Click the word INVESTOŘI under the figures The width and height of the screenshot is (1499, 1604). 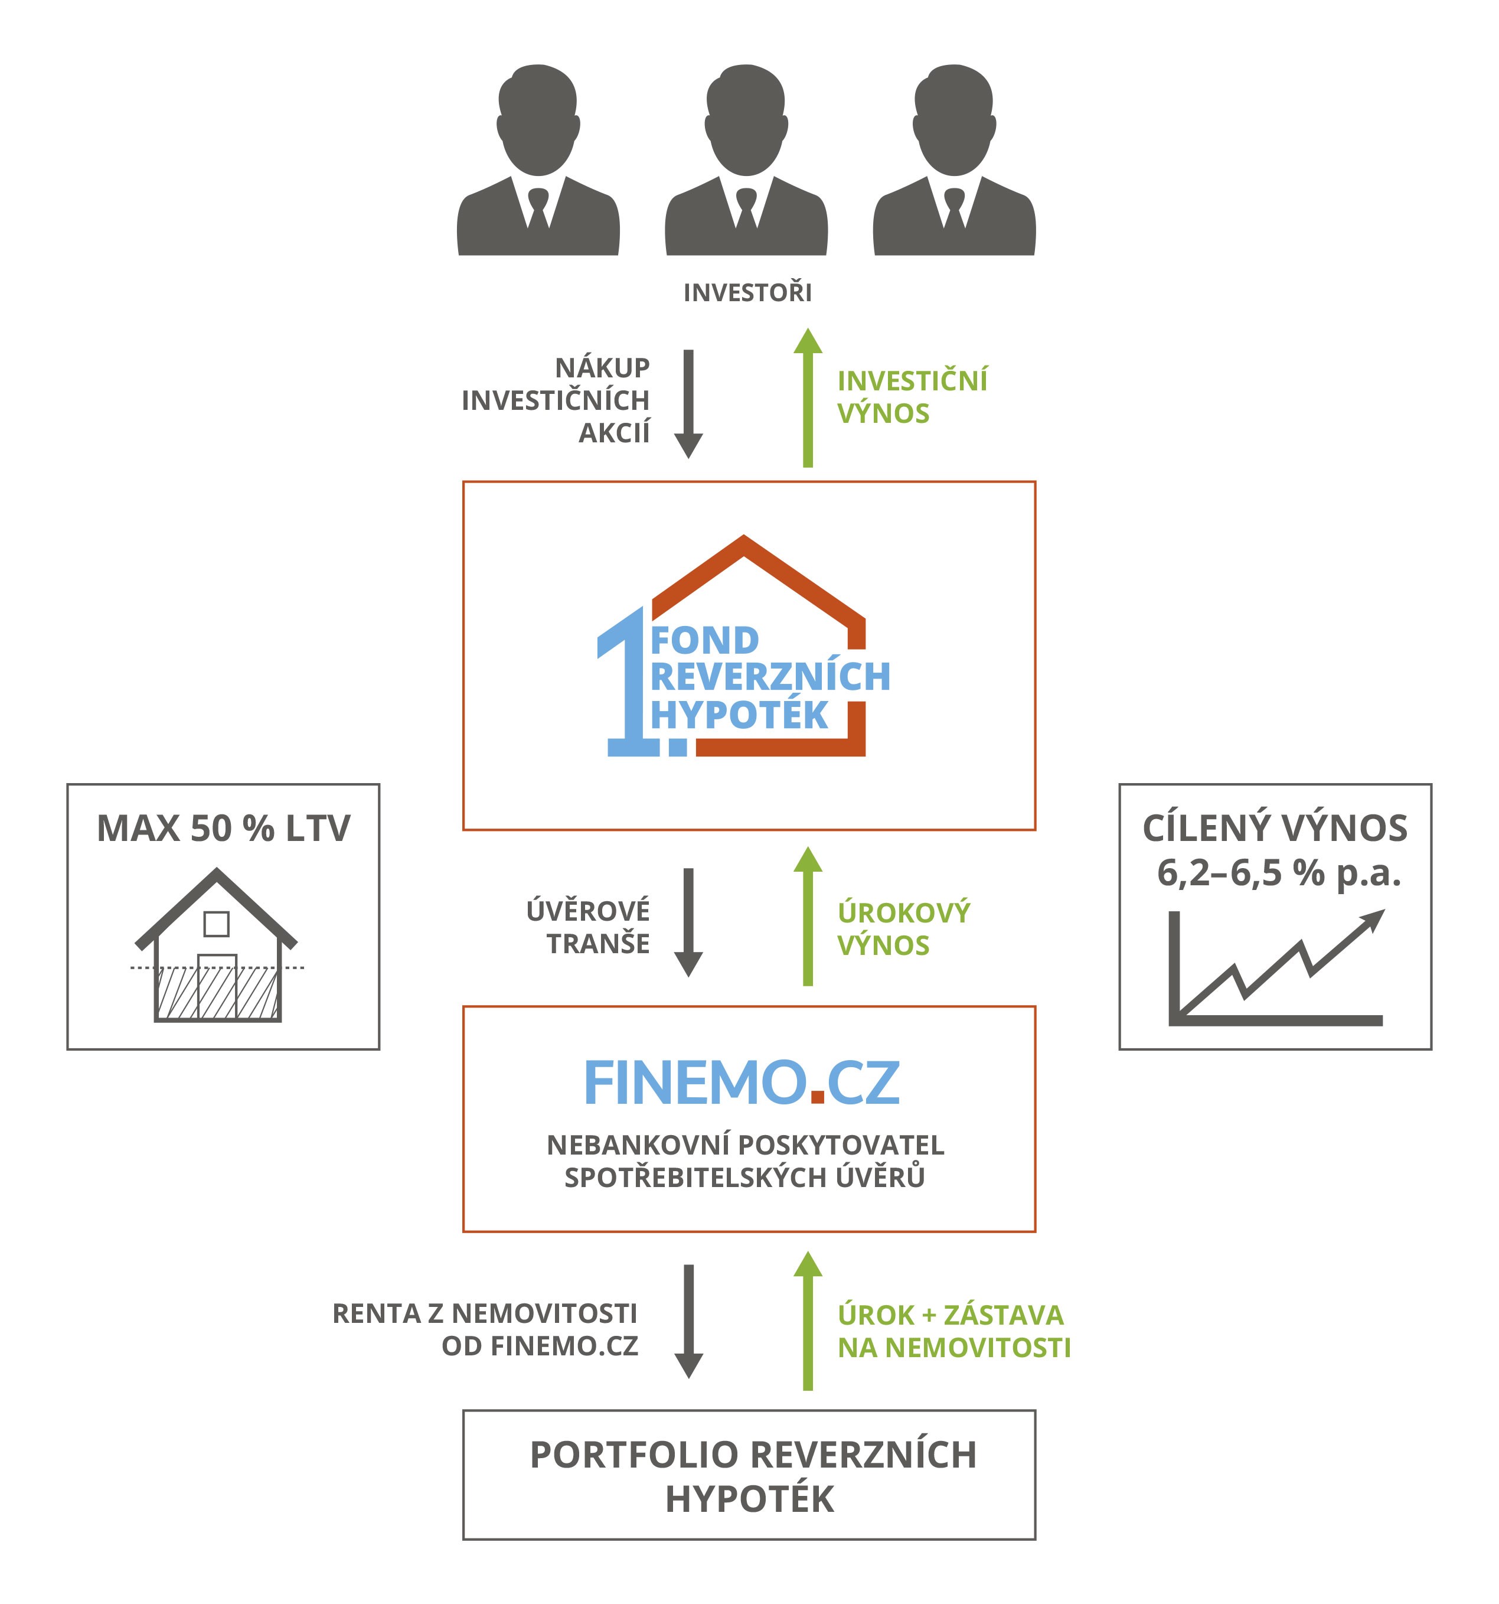(747, 292)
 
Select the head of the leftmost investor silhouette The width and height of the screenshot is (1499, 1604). (538, 117)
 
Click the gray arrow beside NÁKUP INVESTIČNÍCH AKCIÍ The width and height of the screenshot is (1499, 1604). (688, 403)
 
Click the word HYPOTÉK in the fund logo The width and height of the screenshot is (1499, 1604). (739, 715)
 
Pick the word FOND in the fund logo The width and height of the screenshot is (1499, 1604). (704, 641)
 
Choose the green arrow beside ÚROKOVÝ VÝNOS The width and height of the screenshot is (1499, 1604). (808, 916)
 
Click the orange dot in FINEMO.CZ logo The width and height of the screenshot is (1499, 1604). (817, 1095)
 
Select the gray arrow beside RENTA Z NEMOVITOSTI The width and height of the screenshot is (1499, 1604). (688, 1321)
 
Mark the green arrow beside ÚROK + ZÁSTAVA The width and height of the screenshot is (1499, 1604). (808, 1320)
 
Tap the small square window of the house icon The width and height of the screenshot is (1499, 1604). (216, 923)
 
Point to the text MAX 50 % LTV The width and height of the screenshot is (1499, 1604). (224, 829)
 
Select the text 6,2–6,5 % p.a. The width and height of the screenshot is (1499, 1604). (1279, 873)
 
